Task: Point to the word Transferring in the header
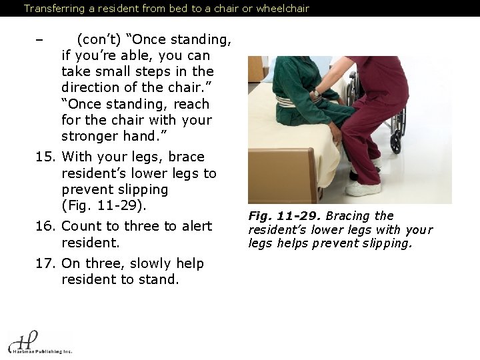coord(52,9)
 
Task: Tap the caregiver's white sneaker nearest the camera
coord(363,189)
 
